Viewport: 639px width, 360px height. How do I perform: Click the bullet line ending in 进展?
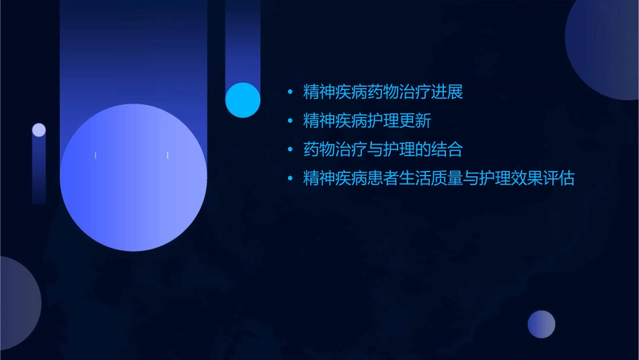point(383,92)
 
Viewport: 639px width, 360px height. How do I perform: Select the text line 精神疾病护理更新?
point(367,121)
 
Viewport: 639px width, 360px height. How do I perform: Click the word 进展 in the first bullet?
point(447,92)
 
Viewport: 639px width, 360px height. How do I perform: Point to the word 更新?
point(414,121)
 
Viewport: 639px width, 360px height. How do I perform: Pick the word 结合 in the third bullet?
point(447,149)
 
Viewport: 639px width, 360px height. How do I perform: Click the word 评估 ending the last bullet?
point(558,179)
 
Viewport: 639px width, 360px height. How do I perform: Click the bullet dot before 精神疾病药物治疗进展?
point(290,92)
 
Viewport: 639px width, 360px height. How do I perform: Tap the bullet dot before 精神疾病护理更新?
point(290,121)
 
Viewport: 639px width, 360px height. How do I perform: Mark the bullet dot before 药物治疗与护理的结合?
point(290,150)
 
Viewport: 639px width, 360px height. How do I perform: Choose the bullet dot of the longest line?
point(290,179)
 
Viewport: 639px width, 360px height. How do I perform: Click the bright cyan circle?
point(243,100)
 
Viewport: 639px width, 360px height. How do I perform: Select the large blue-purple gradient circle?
point(133,178)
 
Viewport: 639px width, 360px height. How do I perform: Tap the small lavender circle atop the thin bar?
point(39,130)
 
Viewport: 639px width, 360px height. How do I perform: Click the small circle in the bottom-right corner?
point(541,324)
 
